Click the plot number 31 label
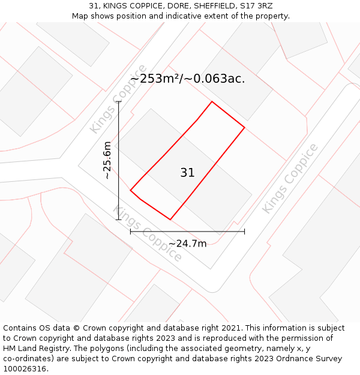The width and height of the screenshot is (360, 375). click(x=187, y=173)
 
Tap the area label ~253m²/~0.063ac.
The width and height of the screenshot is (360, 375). click(x=187, y=79)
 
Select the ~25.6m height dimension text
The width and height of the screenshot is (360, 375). click(x=107, y=160)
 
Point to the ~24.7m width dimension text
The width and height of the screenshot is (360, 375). click(x=187, y=244)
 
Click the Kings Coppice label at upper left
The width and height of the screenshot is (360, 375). click(x=118, y=99)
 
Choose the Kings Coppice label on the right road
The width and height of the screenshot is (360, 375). click(x=290, y=178)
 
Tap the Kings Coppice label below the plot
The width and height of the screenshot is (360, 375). click(x=148, y=234)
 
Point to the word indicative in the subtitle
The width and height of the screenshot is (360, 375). click(x=192, y=16)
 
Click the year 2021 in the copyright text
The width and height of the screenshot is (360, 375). click(x=230, y=328)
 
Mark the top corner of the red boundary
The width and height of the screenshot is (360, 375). click(x=212, y=101)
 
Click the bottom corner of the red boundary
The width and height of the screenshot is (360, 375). click(x=170, y=220)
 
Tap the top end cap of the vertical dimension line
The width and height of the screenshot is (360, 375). click(x=119, y=101)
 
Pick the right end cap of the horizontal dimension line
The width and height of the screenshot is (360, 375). click(x=244, y=231)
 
